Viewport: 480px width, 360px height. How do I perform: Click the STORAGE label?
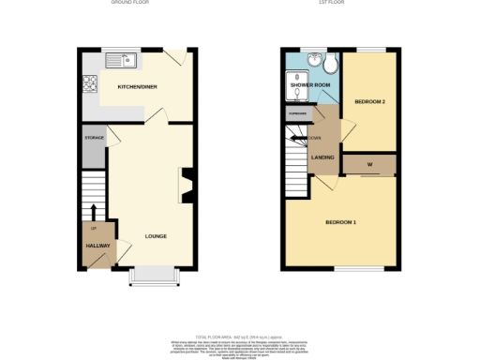pyautogui.click(x=94, y=138)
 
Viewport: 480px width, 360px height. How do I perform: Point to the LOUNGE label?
pyautogui.click(x=156, y=235)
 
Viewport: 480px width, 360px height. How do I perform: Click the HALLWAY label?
pyautogui.click(x=97, y=246)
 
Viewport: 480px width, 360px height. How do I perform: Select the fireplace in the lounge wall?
pyautogui.click(x=187, y=185)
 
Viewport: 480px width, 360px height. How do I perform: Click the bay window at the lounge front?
pyautogui.click(x=154, y=275)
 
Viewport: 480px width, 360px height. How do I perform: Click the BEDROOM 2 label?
pyautogui.click(x=370, y=101)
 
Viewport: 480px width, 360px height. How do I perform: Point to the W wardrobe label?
pyautogui.click(x=370, y=166)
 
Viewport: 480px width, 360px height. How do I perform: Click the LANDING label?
pyautogui.click(x=323, y=157)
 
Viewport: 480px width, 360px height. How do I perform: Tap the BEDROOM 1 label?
pyautogui.click(x=340, y=221)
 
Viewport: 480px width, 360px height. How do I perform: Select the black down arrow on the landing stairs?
pyautogui.click(x=307, y=139)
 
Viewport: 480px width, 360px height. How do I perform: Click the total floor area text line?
pyautogui.click(x=240, y=336)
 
